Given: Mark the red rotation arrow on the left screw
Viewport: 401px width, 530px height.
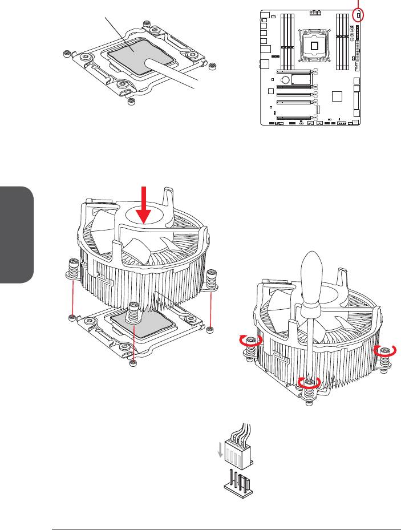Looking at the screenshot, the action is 252,341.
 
